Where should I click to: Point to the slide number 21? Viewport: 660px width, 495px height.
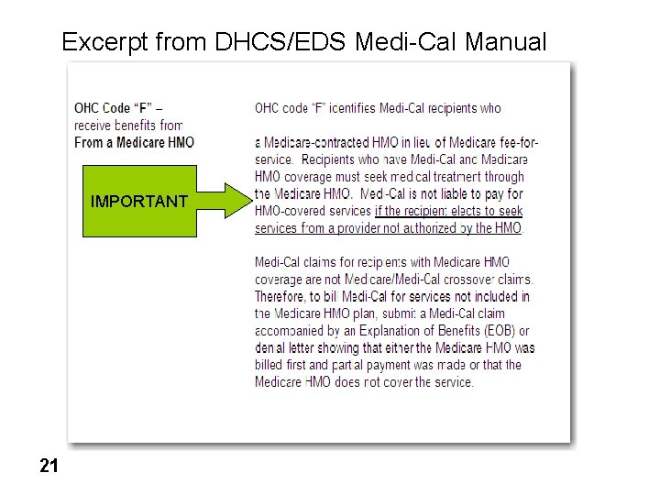(49, 467)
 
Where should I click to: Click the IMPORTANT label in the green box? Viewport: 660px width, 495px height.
(139, 202)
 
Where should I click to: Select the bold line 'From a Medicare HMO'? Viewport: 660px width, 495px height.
(134, 142)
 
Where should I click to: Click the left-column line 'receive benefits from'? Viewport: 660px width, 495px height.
(128, 126)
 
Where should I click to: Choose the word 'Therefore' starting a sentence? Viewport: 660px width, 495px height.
(283, 296)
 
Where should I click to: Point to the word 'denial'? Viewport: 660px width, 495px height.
(271, 347)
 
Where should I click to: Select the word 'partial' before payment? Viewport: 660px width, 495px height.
(349, 365)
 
